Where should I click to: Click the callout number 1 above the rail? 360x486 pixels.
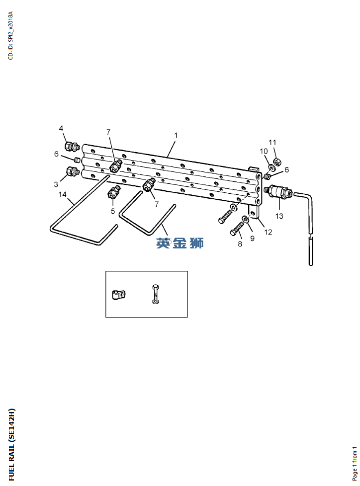pos(176,136)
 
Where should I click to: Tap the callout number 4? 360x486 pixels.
pos(61,128)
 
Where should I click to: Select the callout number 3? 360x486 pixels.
pos(56,184)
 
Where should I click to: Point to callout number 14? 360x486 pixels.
pos(62,194)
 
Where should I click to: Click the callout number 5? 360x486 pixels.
pos(113,211)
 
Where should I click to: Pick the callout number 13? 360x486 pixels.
pos(279,216)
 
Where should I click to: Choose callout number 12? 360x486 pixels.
pos(268,232)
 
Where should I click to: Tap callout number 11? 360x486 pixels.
pos(272,142)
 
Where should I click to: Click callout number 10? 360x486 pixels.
pos(264,151)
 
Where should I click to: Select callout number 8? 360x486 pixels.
pos(240,244)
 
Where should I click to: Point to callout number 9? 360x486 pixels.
pos(252,238)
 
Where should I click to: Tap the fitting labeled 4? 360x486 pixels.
pos(72,146)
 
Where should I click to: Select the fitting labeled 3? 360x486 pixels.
pos(72,171)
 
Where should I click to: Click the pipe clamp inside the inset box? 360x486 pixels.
pos(118,294)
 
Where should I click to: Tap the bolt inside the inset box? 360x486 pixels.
pos(156,294)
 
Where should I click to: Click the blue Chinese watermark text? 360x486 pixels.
pos(180,243)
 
